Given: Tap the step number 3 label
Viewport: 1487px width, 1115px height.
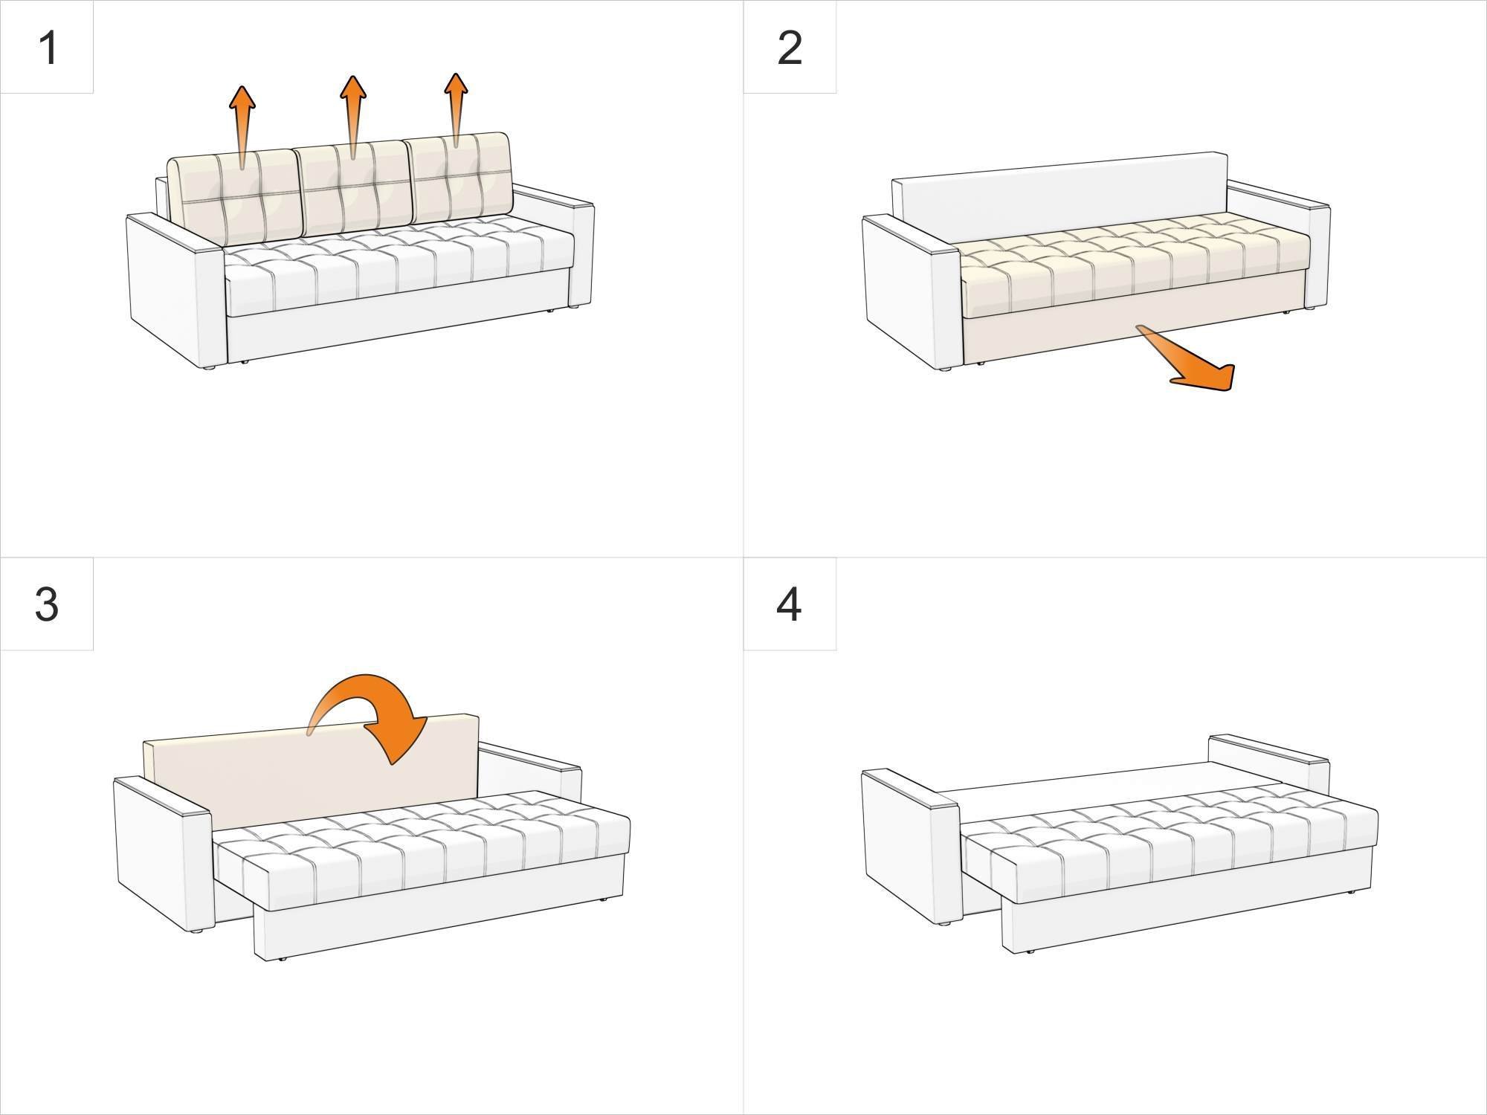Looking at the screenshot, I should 46,604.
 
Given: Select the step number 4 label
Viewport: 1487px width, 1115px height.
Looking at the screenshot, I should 789,604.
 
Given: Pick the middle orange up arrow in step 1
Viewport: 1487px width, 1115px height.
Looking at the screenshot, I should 353,111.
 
